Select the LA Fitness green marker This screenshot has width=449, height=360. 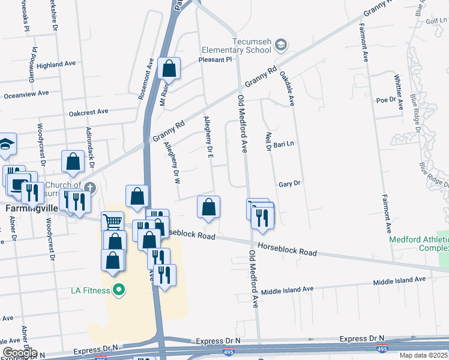tap(119, 291)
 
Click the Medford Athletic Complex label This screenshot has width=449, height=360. tap(419, 243)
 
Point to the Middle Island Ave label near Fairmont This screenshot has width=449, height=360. tap(399, 280)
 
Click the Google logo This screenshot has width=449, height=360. tap(19, 353)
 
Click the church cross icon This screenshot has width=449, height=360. tap(89, 187)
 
